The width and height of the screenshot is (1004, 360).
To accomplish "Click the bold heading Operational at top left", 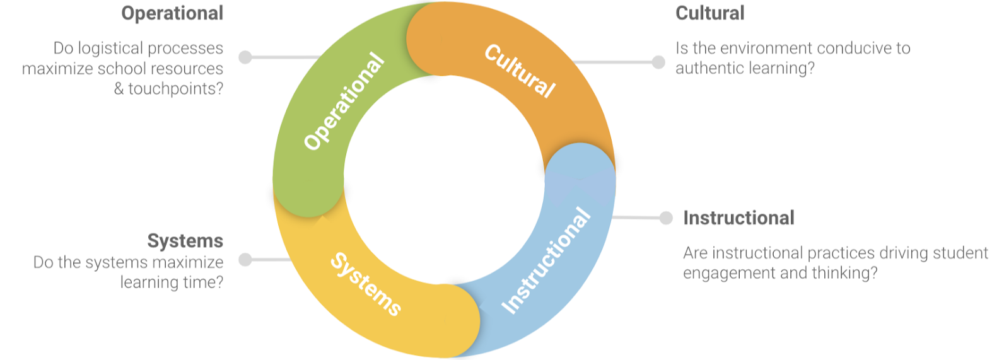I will [172, 13].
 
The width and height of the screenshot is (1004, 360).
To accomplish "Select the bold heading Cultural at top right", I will [709, 13].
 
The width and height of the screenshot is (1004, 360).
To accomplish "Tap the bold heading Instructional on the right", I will [738, 218].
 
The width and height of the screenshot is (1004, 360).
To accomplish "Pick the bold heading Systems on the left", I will [185, 241].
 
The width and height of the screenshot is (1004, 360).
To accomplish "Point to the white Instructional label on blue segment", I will [546, 260].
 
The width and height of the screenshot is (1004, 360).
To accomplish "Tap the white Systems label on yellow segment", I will [366, 284].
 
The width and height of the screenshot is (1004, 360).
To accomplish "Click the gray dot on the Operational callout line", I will [245, 57].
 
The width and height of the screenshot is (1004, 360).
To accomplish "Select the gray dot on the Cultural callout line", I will [658, 62].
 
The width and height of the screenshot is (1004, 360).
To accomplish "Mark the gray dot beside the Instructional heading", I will [666, 218].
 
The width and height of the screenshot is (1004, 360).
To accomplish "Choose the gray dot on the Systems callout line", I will [245, 260].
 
